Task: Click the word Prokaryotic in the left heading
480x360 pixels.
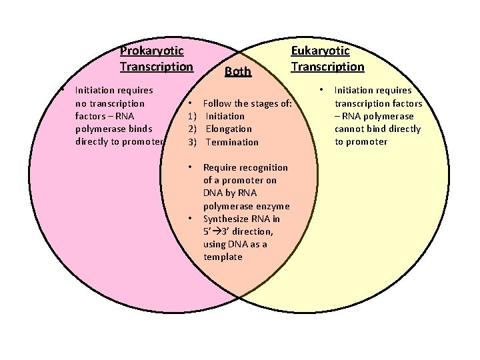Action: click(151, 51)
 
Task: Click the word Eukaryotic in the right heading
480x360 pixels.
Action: click(320, 51)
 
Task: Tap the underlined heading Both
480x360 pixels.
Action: click(238, 71)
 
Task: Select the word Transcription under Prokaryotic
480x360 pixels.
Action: click(156, 67)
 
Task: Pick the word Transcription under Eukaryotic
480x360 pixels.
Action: click(327, 67)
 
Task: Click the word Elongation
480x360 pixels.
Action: click(229, 129)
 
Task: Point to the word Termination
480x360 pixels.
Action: click(232, 142)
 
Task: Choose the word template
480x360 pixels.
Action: click(223, 257)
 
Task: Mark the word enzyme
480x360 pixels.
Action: click(272, 206)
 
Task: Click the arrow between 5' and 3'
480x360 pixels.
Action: click(217, 232)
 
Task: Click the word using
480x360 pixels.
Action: click(215, 245)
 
